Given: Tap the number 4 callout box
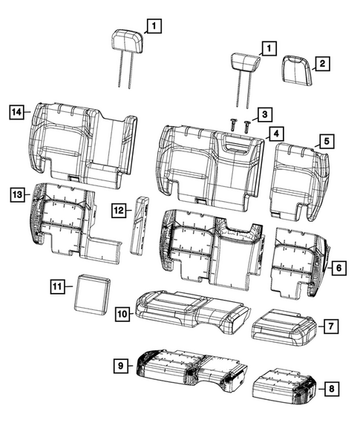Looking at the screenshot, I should (x=274, y=134).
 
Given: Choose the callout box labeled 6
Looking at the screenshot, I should (x=336, y=266).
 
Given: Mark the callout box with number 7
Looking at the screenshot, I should (x=332, y=325).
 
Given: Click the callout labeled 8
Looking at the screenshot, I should (x=332, y=387).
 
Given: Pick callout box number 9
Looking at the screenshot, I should (x=120, y=366).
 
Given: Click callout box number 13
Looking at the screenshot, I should (x=18, y=194).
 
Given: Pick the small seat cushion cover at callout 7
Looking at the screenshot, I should (x=286, y=328).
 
